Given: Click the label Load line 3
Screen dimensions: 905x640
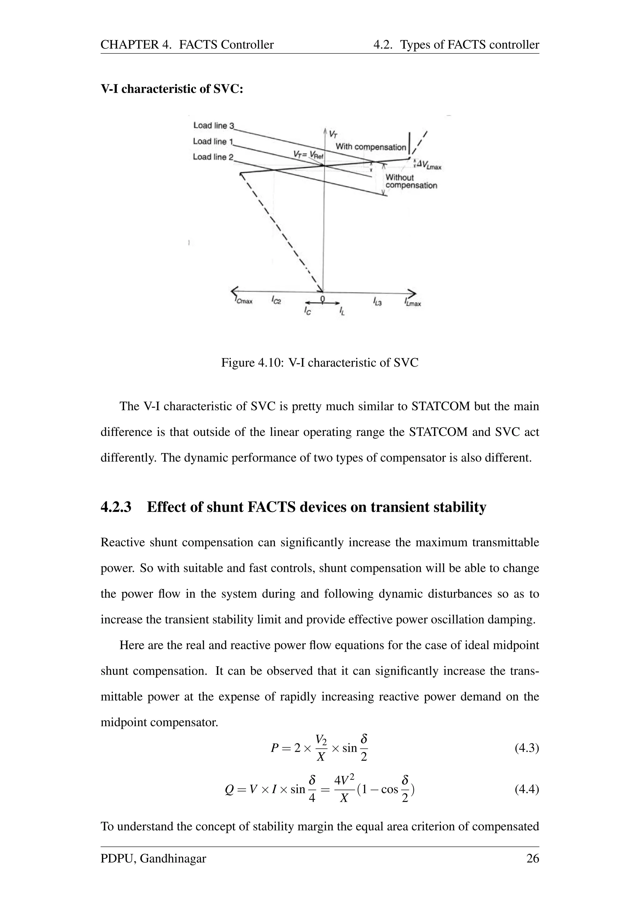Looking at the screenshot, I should [x=213, y=125].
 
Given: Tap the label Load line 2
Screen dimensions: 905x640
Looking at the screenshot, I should [x=213, y=157].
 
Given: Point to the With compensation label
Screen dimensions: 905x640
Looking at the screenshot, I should [x=370, y=147].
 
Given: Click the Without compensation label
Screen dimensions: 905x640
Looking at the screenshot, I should [x=411, y=181].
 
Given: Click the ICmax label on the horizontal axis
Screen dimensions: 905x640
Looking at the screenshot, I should [x=243, y=302].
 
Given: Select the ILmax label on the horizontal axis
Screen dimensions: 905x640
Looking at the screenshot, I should [x=412, y=303].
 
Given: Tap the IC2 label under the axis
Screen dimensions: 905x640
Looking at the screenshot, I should [x=276, y=301].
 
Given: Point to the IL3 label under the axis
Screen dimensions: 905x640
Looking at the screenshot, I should [x=377, y=302].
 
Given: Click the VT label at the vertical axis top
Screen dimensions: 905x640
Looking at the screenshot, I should [x=332, y=134].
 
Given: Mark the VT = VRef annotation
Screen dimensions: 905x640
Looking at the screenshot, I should [x=308, y=154].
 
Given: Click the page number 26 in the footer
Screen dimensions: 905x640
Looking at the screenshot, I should [x=532, y=858].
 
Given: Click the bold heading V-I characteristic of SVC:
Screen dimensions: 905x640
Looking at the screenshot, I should [x=172, y=89].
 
